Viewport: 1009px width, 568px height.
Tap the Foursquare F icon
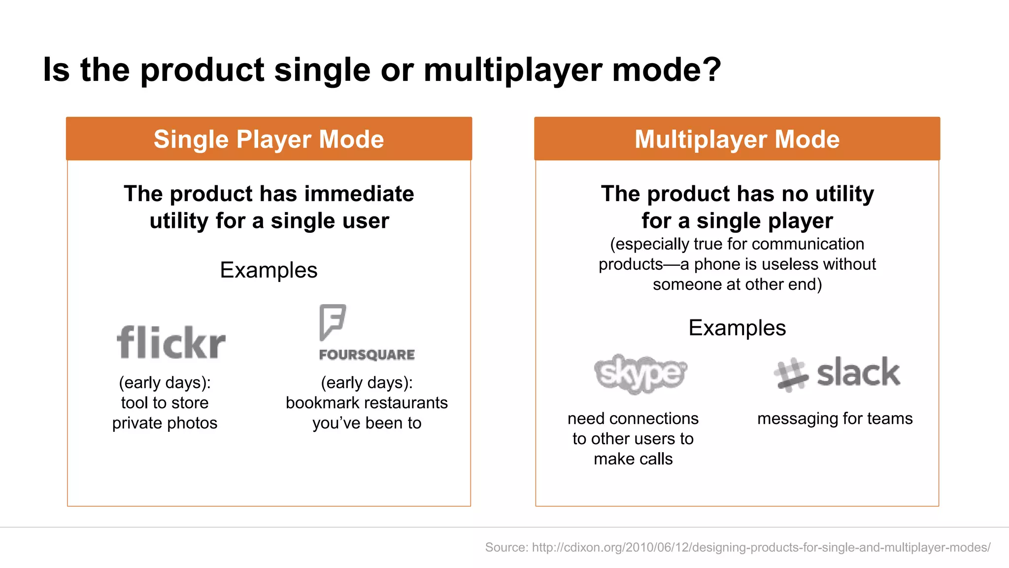point(332,321)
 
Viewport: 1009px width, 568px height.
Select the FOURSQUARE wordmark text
point(367,355)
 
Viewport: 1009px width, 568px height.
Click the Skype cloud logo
point(640,374)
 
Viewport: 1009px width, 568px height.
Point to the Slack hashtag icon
point(790,375)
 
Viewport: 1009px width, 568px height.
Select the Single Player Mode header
point(269,139)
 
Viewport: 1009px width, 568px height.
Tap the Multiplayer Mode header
point(737,139)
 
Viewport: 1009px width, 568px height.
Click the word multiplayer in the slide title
point(512,70)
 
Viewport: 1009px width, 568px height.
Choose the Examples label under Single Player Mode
point(269,270)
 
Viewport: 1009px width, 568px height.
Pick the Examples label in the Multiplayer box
point(737,328)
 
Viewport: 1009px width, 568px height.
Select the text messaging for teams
point(835,419)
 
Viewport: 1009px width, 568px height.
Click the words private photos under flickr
point(165,423)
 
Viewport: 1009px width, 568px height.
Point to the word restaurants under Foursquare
point(405,403)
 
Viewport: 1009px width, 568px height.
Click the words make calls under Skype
point(633,459)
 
